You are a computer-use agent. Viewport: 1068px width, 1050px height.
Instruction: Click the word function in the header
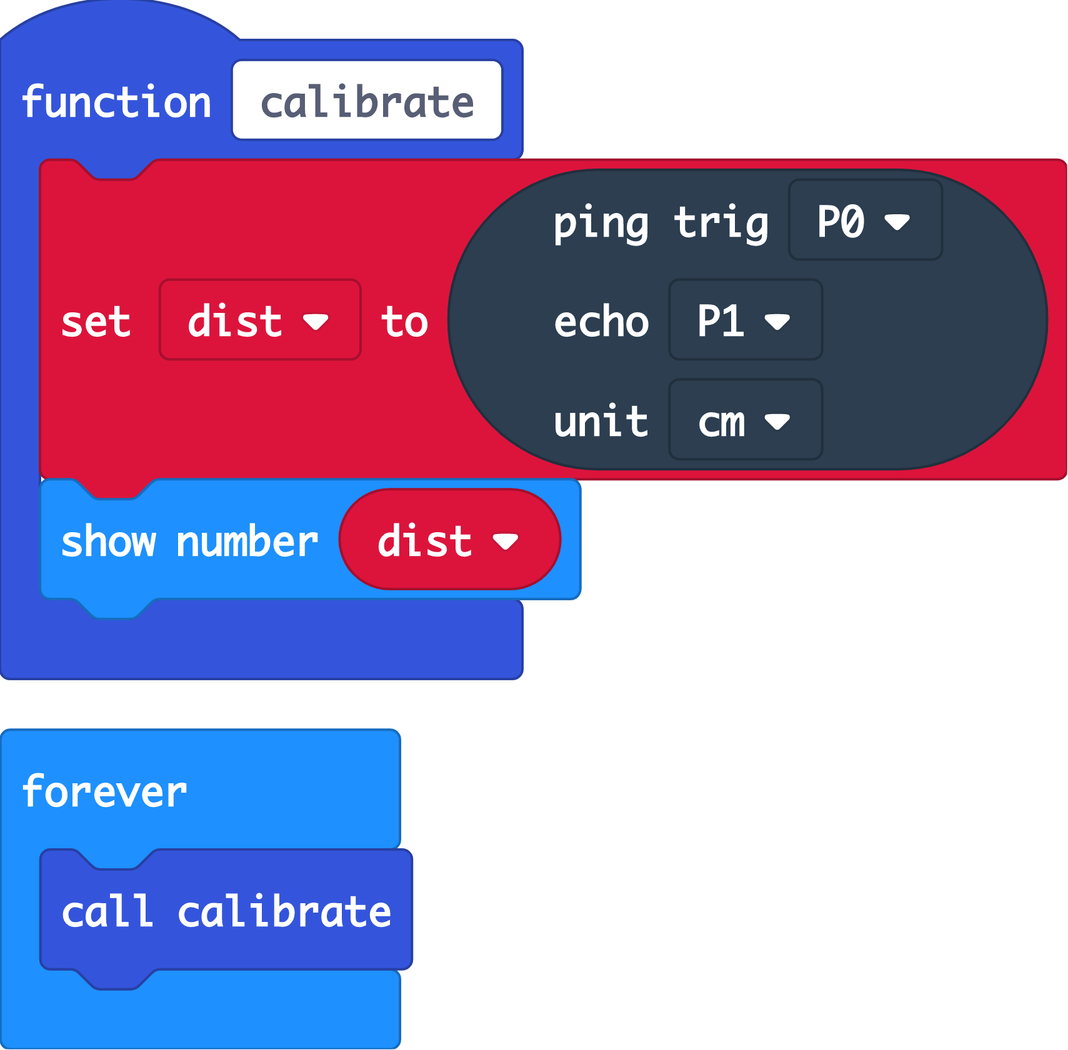116,102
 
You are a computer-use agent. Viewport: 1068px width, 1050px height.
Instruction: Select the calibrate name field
367,101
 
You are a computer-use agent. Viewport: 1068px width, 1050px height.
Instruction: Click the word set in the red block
96,322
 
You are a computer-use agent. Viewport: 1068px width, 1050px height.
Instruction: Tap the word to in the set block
404,322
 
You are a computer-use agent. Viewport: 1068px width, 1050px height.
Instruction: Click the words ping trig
661,222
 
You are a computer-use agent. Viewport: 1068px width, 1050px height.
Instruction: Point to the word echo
601,322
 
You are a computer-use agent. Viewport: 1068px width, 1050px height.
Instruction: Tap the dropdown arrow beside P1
777,322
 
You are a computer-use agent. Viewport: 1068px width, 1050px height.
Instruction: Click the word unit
601,421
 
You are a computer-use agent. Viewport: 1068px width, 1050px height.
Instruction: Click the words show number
190,541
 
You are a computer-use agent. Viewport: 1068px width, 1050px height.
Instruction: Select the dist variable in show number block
425,540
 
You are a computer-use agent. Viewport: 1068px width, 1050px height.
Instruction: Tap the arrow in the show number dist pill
505,542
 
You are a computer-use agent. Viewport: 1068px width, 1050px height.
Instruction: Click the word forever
104,791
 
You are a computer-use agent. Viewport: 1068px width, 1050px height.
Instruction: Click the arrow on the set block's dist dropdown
315,322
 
